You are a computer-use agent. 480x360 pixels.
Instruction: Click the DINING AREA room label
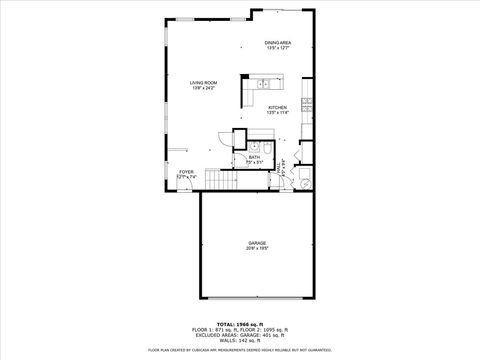(278, 42)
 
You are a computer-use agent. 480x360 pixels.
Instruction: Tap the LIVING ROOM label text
(204, 83)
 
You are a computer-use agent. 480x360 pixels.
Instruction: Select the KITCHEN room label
(278, 107)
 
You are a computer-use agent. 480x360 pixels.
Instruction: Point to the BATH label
(254, 157)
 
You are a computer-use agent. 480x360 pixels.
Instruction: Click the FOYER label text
(186, 172)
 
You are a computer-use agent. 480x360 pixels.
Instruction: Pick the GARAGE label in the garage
(258, 243)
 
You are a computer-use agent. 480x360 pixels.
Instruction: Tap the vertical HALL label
(279, 169)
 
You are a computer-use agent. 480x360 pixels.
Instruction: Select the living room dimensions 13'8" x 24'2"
(204, 89)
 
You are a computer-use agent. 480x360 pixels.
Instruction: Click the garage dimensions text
(258, 249)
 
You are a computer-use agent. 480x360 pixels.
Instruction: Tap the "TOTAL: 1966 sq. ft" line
(240, 323)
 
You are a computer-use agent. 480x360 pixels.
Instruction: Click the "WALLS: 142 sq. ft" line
(240, 341)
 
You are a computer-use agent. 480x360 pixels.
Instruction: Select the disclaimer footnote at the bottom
(240, 350)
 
